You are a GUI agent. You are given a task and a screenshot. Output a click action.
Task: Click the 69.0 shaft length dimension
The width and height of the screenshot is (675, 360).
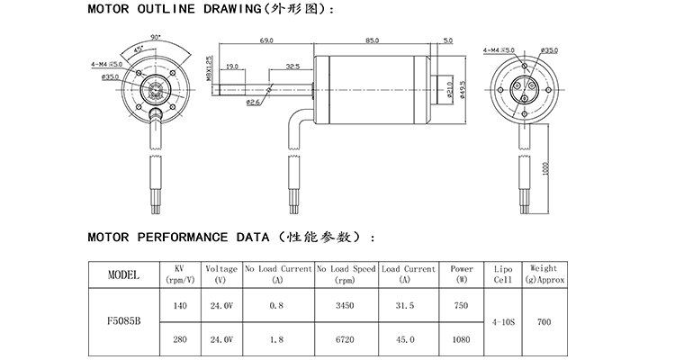click(266, 40)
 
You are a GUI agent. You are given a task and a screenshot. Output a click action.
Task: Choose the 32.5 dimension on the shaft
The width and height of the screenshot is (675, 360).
click(292, 67)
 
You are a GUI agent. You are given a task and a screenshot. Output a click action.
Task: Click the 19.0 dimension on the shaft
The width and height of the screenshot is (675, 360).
click(232, 67)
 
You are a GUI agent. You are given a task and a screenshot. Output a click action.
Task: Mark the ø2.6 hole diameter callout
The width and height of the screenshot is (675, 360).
click(254, 102)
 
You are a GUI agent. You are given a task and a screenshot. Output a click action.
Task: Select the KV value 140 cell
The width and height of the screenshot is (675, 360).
click(179, 306)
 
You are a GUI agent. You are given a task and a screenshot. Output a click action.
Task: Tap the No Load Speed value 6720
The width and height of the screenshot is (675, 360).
click(346, 339)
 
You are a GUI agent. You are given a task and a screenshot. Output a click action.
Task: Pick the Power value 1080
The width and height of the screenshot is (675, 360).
click(461, 339)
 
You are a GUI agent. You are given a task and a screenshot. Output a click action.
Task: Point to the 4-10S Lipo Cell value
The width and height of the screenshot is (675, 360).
click(503, 322)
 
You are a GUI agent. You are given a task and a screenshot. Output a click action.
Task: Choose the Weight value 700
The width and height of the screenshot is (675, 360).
click(544, 322)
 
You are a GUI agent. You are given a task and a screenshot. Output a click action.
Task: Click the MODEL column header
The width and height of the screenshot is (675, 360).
click(123, 274)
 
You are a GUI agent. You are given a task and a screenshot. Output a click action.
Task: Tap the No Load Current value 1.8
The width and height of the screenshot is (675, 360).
click(276, 339)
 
